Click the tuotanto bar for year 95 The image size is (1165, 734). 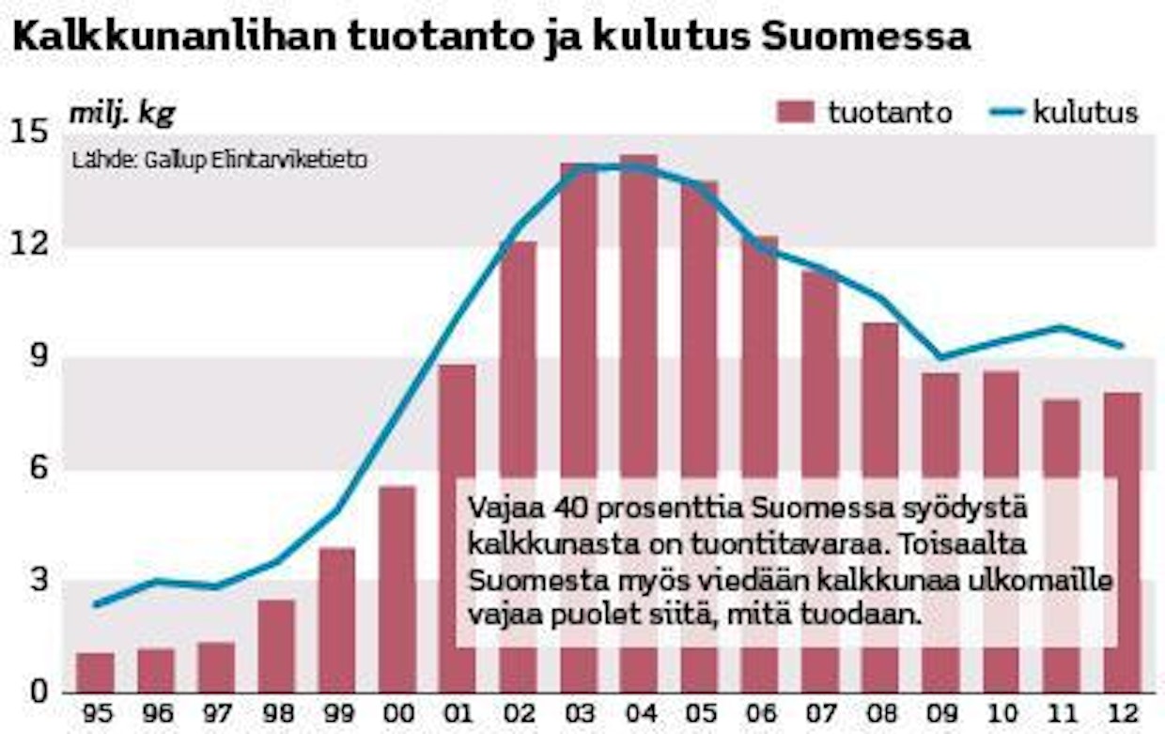tap(95, 672)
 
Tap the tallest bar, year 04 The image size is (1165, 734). tap(639, 423)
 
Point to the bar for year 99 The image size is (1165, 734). tap(336, 620)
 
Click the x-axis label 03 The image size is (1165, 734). tap(579, 713)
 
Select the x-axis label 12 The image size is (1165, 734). tap(1123, 713)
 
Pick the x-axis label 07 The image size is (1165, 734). tap(820, 713)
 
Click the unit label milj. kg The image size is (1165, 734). tap(122, 113)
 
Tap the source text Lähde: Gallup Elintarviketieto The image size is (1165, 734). tap(220, 160)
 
